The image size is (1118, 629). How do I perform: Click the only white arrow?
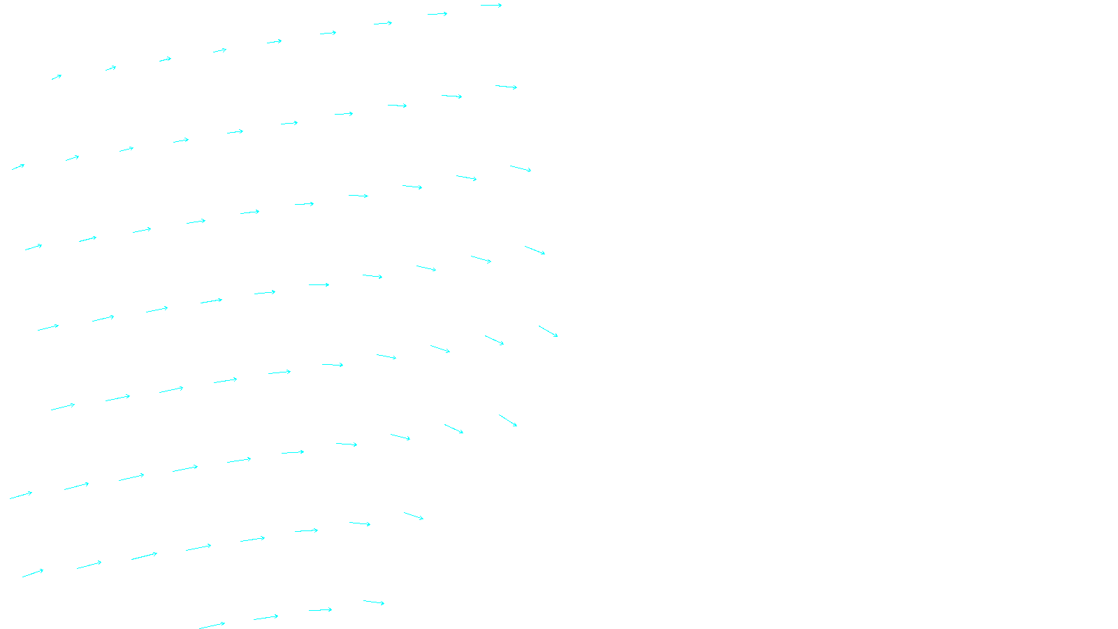(491, 6)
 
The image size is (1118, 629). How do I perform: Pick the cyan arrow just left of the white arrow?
(437, 14)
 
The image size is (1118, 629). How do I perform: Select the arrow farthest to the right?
(549, 331)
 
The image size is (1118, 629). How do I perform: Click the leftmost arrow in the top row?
(57, 77)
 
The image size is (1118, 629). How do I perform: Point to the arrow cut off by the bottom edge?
(212, 625)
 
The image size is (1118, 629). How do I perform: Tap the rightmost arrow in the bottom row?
(374, 602)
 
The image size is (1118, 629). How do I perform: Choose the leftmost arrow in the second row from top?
(18, 167)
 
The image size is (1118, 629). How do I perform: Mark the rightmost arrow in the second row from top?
(507, 87)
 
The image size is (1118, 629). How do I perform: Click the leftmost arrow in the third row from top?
(34, 247)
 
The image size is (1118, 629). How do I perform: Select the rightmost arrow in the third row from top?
(521, 168)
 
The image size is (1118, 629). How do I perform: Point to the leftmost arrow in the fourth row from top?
(48, 327)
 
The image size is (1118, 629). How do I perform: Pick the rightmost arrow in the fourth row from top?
(535, 250)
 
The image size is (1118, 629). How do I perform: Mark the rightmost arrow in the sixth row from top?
(508, 420)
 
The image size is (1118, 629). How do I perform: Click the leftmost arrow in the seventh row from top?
(33, 573)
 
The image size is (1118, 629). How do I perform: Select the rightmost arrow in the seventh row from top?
(414, 516)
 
